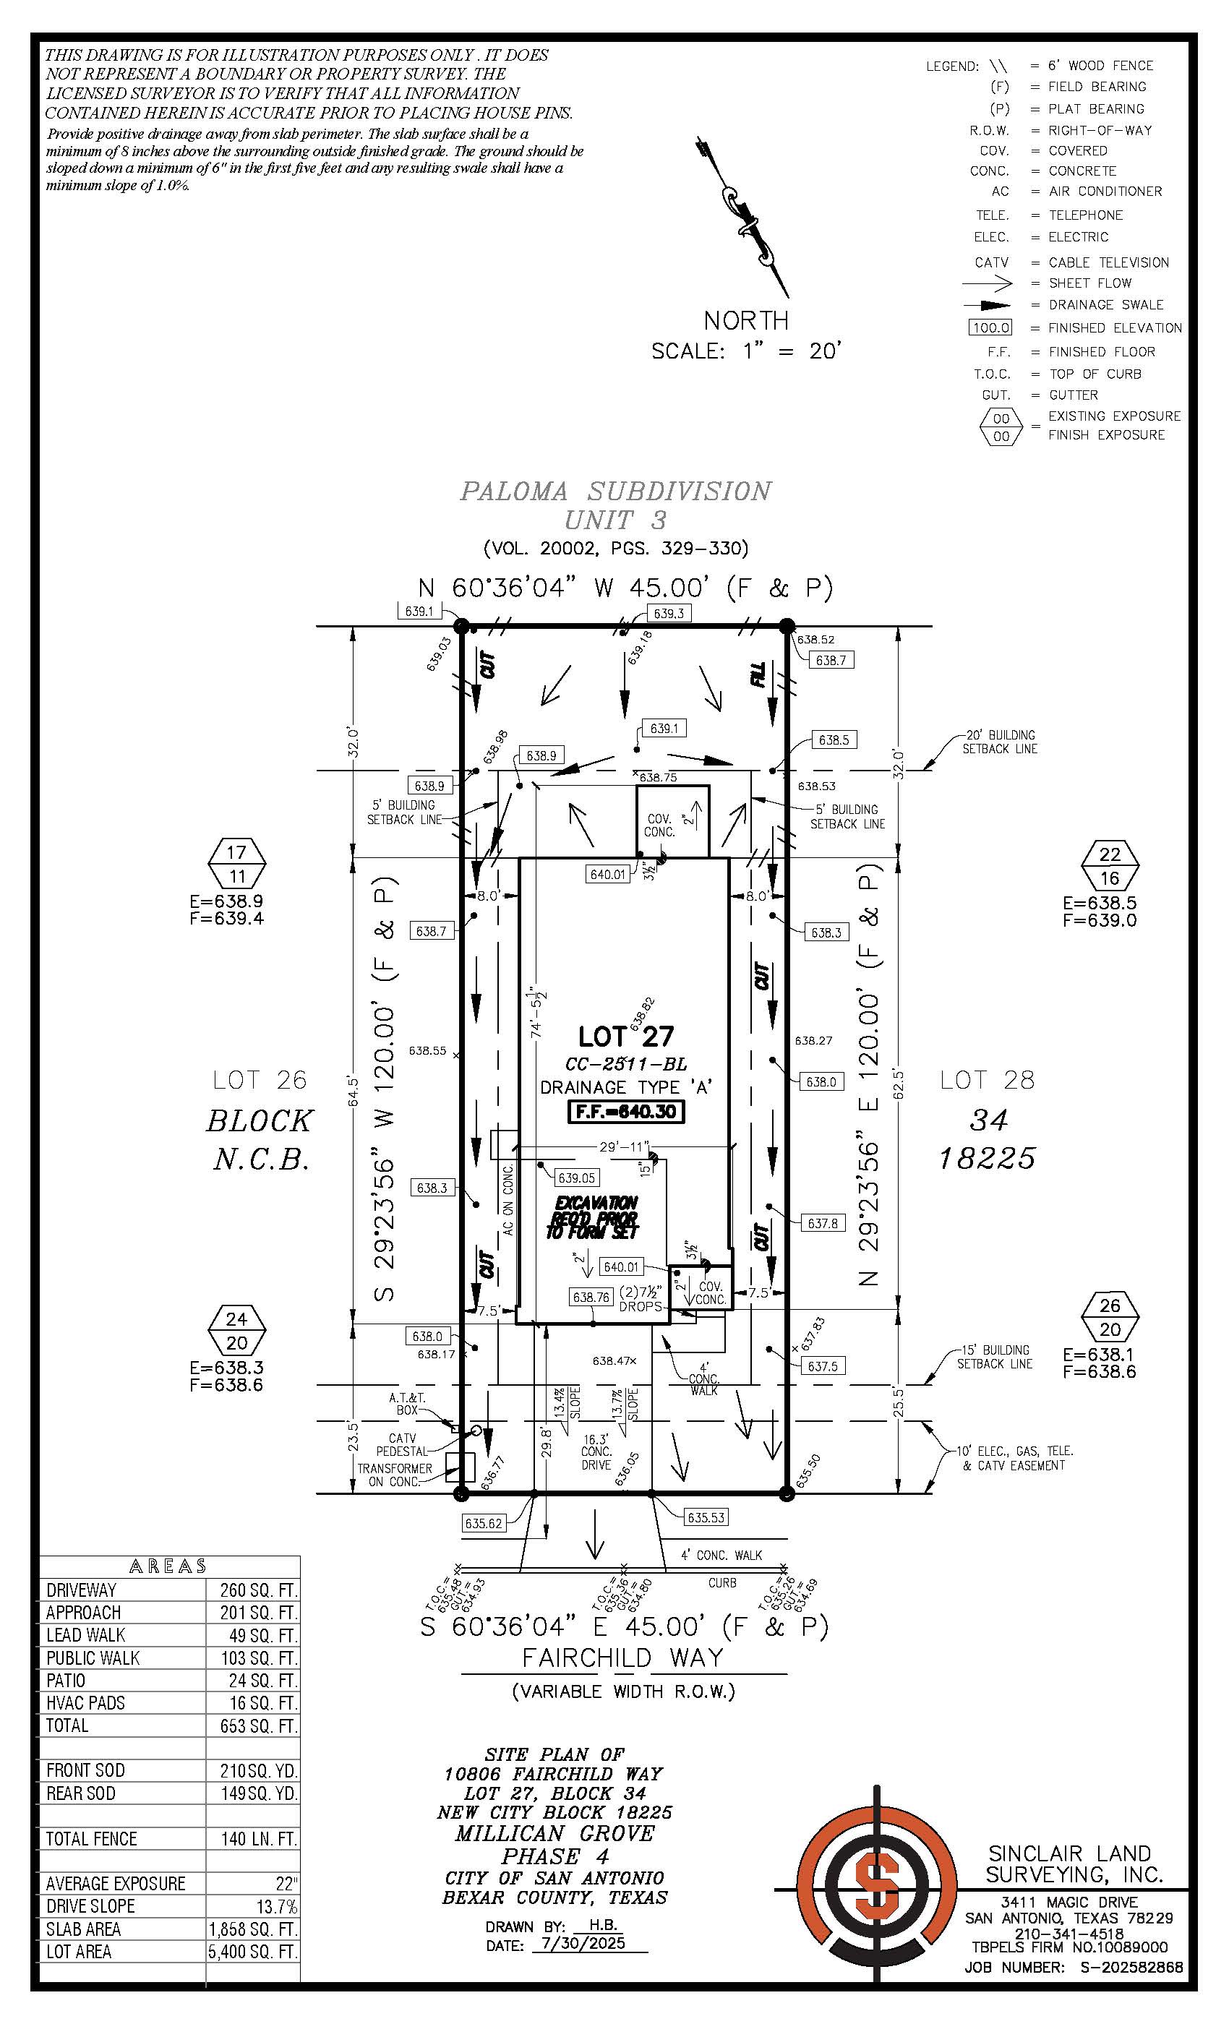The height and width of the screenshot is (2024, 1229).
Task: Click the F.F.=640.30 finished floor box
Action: pos(626,1112)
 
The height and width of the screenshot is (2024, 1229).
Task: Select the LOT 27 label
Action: pos(626,1037)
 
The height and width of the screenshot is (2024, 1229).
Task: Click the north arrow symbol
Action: pos(745,218)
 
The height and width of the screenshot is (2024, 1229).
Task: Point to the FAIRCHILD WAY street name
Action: pos(622,1658)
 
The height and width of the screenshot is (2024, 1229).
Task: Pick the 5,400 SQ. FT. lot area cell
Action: pos(253,1952)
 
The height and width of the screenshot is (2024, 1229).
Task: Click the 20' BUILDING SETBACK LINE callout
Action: pos(1000,742)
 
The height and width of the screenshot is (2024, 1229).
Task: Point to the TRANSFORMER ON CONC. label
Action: pos(395,1475)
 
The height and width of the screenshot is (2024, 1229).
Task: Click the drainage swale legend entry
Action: pos(1105,305)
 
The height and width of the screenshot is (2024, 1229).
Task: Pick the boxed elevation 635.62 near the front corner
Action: pos(483,1524)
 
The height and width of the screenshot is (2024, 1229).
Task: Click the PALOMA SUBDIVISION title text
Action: pos(615,492)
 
